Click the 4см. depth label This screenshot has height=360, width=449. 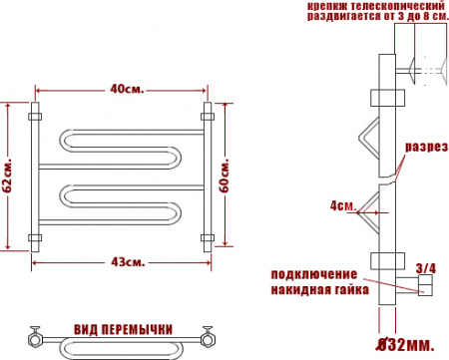coord(342,206)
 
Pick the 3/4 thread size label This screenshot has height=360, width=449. coord(425,267)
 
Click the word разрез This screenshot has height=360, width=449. coord(420,147)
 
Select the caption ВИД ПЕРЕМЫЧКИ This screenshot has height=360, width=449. coord(124,329)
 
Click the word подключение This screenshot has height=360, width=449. coord(313,273)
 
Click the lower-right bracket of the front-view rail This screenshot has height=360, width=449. coord(209,237)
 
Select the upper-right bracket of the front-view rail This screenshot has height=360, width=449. coord(209,109)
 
